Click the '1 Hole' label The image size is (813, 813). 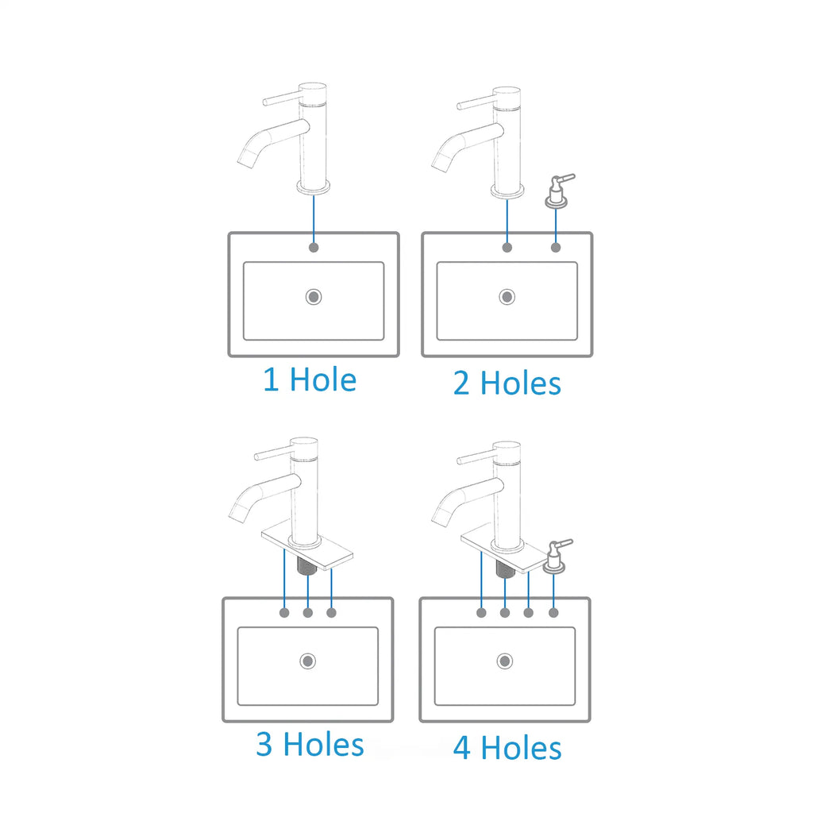[310, 380]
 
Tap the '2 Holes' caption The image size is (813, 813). [507, 383]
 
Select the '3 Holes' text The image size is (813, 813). [310, 744]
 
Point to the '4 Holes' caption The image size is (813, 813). [507, 748]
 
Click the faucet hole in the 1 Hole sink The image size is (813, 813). [314, 248]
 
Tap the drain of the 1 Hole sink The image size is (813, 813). [314, 297]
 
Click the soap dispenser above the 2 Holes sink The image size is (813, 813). [558, 191]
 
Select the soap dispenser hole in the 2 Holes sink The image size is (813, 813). [556, 248]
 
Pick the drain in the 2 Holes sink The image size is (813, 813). [507, 297]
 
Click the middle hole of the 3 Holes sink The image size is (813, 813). [308, 613]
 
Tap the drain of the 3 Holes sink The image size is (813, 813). [308, 661]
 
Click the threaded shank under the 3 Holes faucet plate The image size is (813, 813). [307, 565]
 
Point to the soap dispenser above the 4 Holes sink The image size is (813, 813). [556, 557]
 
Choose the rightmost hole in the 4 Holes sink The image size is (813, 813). [553, 613]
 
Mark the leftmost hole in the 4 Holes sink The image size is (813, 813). [482, 613]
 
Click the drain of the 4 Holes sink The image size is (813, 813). [505, 661]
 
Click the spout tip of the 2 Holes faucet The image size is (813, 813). [441, 164]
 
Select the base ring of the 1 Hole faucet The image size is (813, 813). [314, 187]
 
